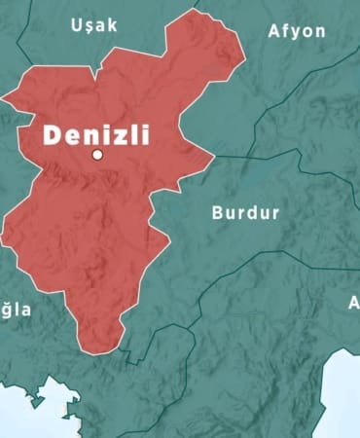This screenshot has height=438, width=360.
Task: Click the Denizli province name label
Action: [x=95, y=134]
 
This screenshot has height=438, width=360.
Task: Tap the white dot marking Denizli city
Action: [x=97, y=155]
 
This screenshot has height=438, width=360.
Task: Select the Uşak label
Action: [x=94, y=25]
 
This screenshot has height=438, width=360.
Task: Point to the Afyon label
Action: [x=297, y=31]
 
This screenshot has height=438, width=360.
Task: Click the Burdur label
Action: [x=245, y=212]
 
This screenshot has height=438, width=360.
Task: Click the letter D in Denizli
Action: [x=53, y=134]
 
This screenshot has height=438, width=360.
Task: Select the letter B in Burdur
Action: [x=218, y=212]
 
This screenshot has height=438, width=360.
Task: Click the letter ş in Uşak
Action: [x=90, y=27]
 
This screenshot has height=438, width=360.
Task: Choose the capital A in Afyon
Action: [x=274, y=31]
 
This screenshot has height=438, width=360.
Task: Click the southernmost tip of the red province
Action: [x=97, y=351]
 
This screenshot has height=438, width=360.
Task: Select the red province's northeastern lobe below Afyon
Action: [x=209, y=49]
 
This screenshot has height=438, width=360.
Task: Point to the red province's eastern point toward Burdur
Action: [x=212, y=156]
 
